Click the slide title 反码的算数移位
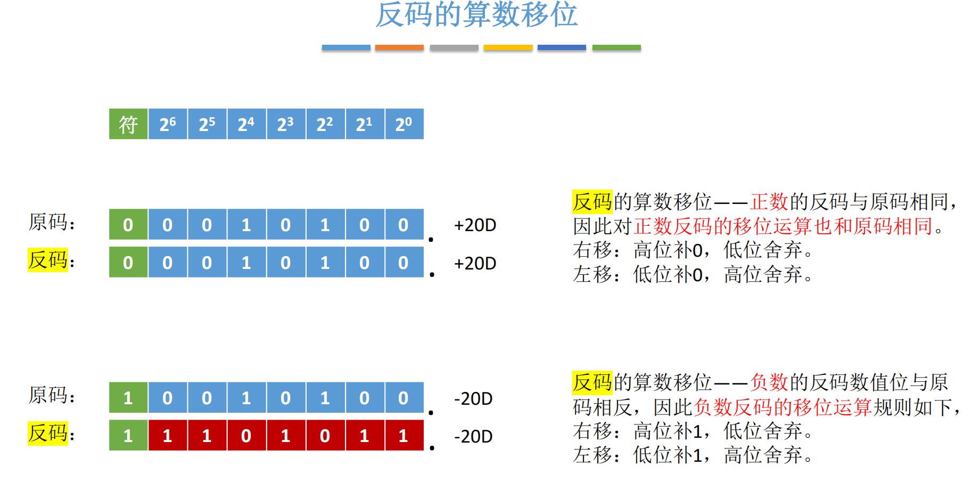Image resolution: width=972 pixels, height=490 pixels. tap(476, 14)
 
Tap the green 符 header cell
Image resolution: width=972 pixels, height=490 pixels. tap(128, 124)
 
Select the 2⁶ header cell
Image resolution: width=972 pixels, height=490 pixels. tap(168, 124)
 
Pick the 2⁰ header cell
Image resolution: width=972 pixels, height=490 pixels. tap(404, 124)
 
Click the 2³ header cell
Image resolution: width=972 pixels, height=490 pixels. tap(286, 124)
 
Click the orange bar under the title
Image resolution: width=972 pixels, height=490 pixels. tap(399, 47)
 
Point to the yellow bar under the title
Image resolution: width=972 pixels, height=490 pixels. tap(508, 47)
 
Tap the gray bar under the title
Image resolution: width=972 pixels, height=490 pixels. tap(454, 47)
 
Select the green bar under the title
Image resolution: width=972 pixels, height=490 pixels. tap(616, 47)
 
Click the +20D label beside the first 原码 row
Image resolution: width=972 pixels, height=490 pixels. tap(475, 225)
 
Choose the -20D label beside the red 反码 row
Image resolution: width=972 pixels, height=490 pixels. tap(473, 437)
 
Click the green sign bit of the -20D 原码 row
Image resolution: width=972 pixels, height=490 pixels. tap(128, 398)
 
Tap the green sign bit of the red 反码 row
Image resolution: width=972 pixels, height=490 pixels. tap(128, 436)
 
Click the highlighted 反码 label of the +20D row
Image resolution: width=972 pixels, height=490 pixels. tap(48, 260)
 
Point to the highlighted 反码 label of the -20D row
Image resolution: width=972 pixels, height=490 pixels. tap(48, 433)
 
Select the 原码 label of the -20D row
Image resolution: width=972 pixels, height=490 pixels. tap(48, 395)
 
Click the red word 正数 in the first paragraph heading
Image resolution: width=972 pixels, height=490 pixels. tap(769, 202)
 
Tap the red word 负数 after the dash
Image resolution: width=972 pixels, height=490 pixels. tap(769, 382)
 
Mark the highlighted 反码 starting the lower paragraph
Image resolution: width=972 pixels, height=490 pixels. tap(592, 382)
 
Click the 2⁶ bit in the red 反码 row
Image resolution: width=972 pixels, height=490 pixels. tap(168, 436)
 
